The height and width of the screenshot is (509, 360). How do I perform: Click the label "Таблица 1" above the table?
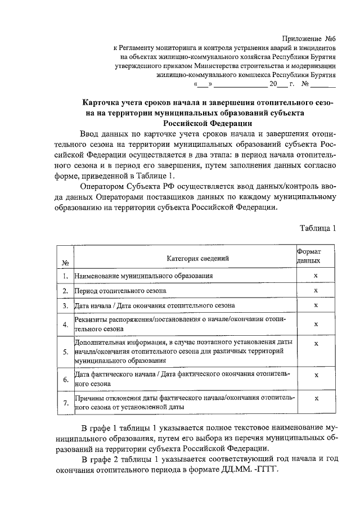pos(318,228)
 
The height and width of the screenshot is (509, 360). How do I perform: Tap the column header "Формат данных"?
pos(309,257)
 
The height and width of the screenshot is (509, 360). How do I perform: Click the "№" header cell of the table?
pos(65,263)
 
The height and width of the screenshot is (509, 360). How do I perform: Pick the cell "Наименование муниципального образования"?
pos(143,276)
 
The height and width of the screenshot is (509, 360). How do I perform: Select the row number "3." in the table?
pos(65,305)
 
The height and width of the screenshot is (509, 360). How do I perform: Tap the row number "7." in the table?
pos(65,402)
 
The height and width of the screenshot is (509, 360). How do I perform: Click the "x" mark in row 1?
pos(316,276)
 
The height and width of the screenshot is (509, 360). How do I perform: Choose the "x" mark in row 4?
pos(316,324)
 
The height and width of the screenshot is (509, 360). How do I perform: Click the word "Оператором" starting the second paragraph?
pos(105,186)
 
